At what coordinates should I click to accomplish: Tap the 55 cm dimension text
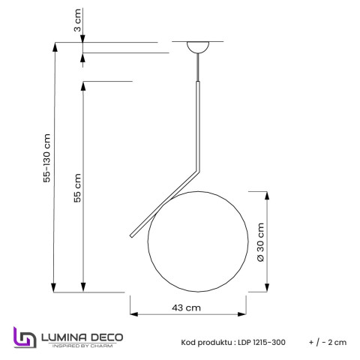click(x=76, y=190)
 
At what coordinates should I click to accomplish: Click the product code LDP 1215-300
click(x=253, y=342)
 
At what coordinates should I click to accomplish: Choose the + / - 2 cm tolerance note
click(x=327, y=342)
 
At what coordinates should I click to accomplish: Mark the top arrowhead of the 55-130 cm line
click(x=53, y=45)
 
